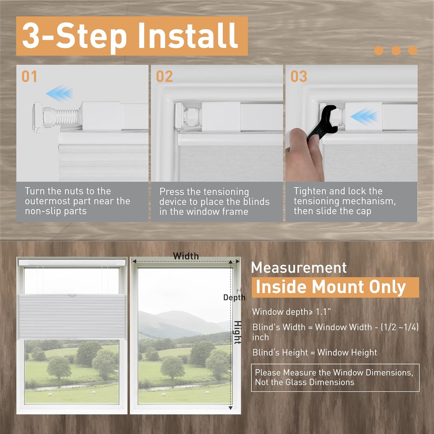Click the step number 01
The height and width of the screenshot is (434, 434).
point(29,77)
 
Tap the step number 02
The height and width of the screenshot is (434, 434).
point(164,77)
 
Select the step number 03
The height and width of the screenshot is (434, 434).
point(299,77)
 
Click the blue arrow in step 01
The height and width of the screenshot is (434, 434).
point(59,93)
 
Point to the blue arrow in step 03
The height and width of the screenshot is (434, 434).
point(364,116)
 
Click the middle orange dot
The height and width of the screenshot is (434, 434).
point(396,51)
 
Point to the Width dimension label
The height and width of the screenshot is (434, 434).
point(186,256)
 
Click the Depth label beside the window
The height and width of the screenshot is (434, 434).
point(234,297)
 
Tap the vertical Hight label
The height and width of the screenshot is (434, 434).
point(238,332)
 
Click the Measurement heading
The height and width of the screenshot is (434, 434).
point(299,268)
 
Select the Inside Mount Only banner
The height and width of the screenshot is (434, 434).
point(335,287)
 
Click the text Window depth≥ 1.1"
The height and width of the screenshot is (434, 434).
point(291,312)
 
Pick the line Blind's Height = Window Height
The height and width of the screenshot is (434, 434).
point(315,352)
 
